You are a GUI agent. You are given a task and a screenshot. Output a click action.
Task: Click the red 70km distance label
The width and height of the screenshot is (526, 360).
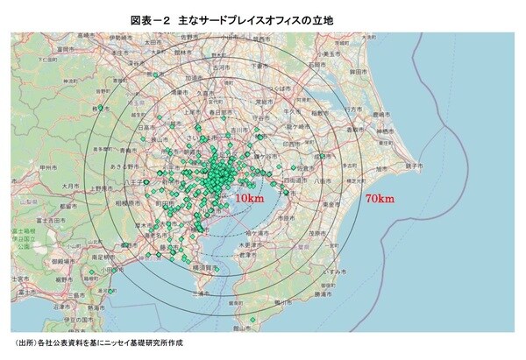pyautogui.click(x=379, y=199)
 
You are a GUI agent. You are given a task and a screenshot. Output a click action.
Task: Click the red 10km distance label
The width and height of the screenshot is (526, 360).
pyautogui.click(x=249, y=200)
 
